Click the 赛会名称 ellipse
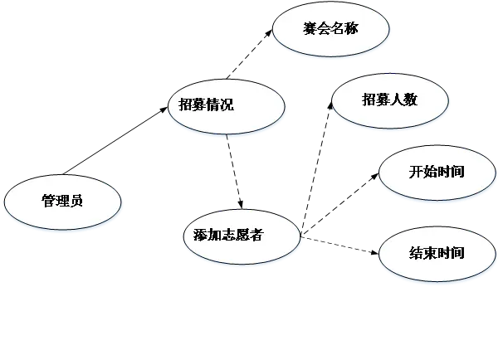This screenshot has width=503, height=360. (331, 32)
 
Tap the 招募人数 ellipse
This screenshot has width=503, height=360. (389, 100)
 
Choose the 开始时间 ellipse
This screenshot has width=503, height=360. (437, 173)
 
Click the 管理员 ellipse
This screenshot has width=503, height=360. (62, 202)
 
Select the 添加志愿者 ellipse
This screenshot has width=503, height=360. (242, 235)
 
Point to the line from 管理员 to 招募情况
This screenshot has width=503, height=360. (116, 140)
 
